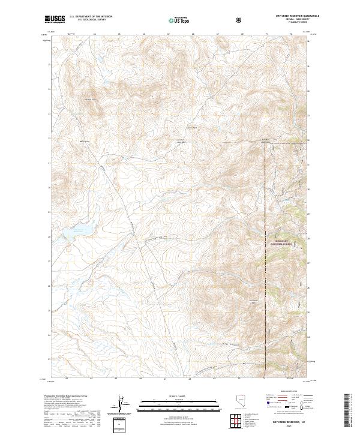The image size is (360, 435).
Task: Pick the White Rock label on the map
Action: pyautogui.click(x=85, y=142)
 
